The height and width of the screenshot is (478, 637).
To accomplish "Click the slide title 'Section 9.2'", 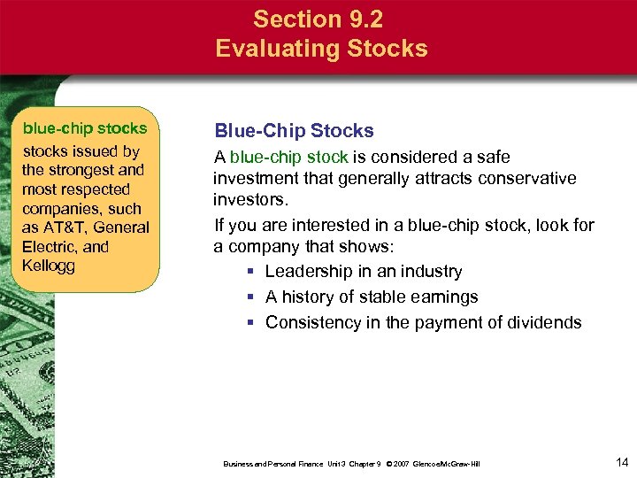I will (321, 18).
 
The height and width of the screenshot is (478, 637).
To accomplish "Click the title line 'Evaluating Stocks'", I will (321, 48).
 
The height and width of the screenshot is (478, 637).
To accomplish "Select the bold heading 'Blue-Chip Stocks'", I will (294, 131).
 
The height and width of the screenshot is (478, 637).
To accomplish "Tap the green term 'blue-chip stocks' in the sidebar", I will (85, 128).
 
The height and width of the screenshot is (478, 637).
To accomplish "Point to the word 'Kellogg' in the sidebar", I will (49, 266).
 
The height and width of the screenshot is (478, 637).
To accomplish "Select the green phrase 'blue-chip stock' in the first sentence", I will (288, 157).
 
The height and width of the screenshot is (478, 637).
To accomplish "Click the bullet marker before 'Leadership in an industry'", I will (252, 272).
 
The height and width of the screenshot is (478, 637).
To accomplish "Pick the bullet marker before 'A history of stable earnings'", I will (252, 297).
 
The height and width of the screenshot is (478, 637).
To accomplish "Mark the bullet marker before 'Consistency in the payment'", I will (252, 323).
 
